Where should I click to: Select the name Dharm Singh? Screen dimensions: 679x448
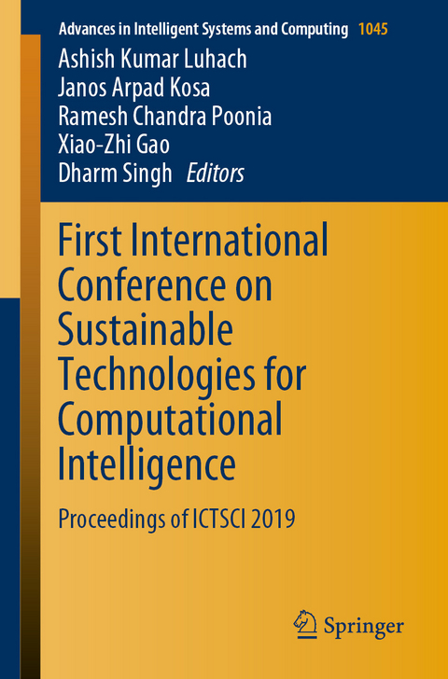point(114,173)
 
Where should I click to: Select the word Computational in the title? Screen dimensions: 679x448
point(170,419)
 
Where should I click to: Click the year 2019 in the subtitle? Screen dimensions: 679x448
point(271,518)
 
